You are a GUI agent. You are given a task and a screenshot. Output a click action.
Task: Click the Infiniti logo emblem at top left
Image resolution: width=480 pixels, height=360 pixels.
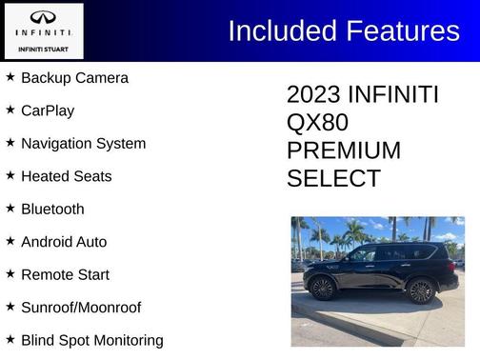coord(43,17)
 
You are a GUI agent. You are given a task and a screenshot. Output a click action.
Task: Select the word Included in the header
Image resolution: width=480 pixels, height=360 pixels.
coord(284,31)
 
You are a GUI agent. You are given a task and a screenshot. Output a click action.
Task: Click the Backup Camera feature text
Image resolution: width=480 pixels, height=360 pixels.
coord(74,78)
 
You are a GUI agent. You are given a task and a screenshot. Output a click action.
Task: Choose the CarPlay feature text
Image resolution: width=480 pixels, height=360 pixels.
coord(48,110)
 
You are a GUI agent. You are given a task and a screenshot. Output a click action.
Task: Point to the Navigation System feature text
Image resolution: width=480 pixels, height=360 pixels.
coord(83,144)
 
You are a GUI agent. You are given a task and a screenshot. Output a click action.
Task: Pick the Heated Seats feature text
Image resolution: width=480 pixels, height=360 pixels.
coord(66,176)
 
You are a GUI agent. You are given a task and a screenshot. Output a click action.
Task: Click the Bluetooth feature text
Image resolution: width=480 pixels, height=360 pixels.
coord(52,210)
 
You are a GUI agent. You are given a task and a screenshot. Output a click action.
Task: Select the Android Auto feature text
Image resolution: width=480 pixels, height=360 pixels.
coord(64,242)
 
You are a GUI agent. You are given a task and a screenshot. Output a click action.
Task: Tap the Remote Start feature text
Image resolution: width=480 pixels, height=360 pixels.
coord(65,274)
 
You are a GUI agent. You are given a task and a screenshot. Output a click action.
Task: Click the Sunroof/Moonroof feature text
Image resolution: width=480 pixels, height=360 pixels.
coord(81,308)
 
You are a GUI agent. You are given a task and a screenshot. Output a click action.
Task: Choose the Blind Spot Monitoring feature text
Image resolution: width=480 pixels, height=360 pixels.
coord(91,340)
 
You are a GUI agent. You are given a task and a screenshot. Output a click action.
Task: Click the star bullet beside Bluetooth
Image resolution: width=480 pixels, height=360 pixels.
coord(10,208)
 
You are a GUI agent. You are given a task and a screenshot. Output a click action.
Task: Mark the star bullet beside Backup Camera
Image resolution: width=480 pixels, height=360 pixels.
coord(10,76)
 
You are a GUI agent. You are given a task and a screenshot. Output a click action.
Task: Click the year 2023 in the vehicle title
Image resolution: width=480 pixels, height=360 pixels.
coord(313,95)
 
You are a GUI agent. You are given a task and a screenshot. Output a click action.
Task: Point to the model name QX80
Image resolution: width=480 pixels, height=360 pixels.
coord(317,123)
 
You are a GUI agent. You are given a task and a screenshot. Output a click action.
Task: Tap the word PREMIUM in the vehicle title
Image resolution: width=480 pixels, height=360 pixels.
coord(344,150)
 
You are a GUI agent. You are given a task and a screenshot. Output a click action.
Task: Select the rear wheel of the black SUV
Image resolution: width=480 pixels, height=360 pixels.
coord(420,290)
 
